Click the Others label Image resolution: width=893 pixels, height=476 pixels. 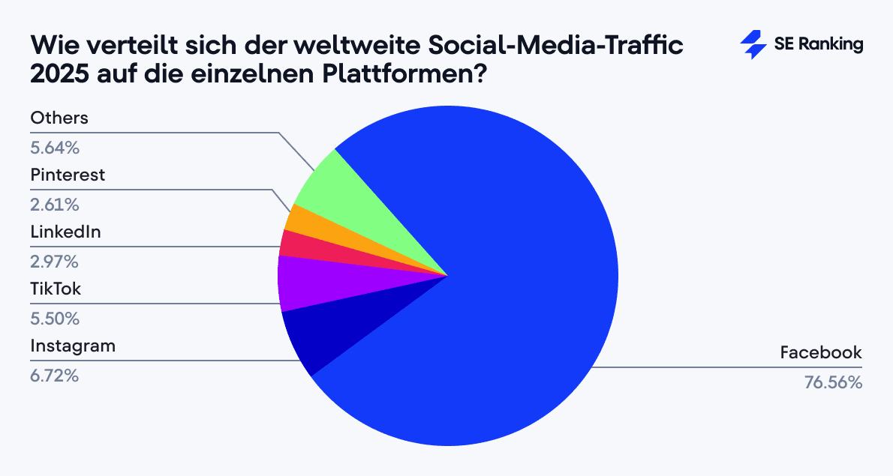point(59,118)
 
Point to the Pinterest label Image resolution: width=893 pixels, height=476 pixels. point(68,175)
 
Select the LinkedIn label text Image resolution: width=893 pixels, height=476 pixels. point(65,232)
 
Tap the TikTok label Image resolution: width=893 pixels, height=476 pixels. point(56,289)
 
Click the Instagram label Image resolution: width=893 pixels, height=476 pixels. point(73,346)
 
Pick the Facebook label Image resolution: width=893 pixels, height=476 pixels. point(821,352)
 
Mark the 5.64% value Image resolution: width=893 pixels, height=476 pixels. point(55,148)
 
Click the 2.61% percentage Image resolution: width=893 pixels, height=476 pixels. point(54,205)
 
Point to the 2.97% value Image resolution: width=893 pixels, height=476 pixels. point(54,262)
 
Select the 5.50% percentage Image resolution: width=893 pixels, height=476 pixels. point(55,319)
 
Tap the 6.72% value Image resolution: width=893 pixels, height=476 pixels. point(54,376)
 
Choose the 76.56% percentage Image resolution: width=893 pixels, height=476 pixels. point(833,382)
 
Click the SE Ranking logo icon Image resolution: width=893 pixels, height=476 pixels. point(753,45)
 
